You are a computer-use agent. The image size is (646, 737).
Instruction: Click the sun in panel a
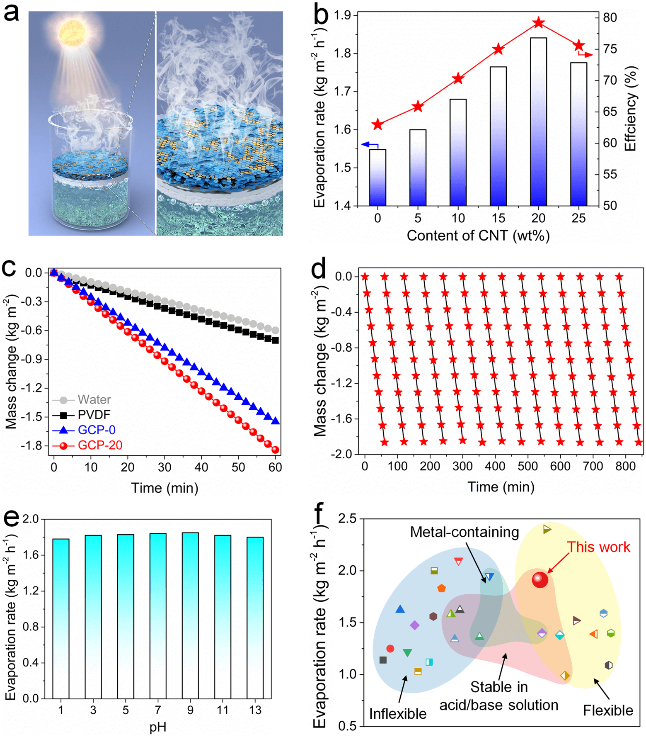pos(73,32)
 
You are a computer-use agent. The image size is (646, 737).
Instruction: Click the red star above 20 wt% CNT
pos(538,23)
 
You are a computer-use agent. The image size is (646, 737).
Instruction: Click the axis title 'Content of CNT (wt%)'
pos(478,236)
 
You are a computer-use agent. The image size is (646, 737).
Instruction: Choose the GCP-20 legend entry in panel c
pos(100,445)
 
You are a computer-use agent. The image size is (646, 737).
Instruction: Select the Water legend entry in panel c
pos(94,400)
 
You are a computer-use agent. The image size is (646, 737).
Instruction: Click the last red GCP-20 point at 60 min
pos(275,450)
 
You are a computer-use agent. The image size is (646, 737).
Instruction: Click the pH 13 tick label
pos(255,710)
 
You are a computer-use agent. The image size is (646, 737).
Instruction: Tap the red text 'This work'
pos(598,547)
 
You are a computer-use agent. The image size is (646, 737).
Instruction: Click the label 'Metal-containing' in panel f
pos(464,533)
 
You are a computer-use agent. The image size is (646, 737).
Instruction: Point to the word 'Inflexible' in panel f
pos(397,714)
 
